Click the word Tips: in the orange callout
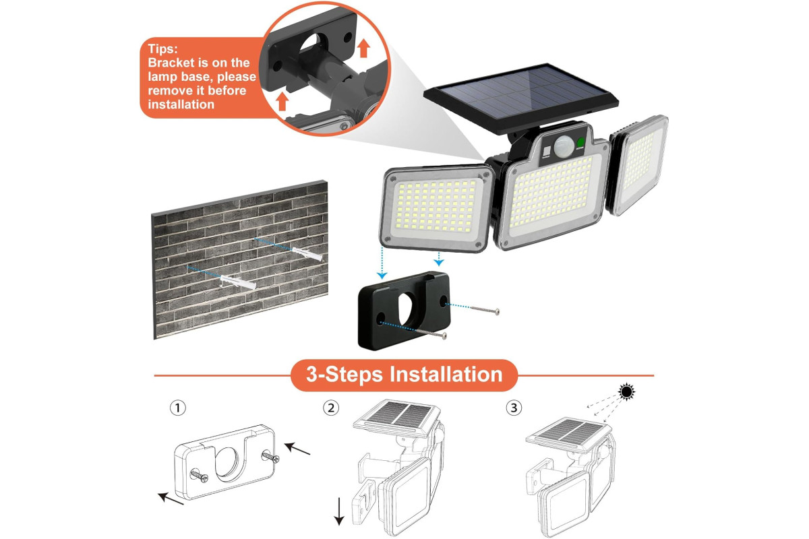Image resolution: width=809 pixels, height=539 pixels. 162,49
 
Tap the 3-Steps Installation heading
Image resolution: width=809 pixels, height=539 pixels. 404,375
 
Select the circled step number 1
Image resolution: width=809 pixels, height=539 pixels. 178,408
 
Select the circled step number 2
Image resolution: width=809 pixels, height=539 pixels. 331,408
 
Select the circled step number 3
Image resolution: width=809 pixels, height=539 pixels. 514,408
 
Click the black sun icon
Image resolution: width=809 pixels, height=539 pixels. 626,391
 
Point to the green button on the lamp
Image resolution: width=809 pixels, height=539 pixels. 581,143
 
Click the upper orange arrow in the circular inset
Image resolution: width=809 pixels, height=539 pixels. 363,49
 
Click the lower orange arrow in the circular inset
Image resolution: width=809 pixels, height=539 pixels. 282,102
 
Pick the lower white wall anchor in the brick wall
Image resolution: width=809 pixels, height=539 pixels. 238,281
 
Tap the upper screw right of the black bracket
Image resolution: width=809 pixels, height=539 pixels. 485,310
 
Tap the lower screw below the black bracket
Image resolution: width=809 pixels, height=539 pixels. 431,333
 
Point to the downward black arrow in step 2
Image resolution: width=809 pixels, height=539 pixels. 338,511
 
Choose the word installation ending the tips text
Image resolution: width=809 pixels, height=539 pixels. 181,104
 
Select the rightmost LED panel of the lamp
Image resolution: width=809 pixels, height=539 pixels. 638,164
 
